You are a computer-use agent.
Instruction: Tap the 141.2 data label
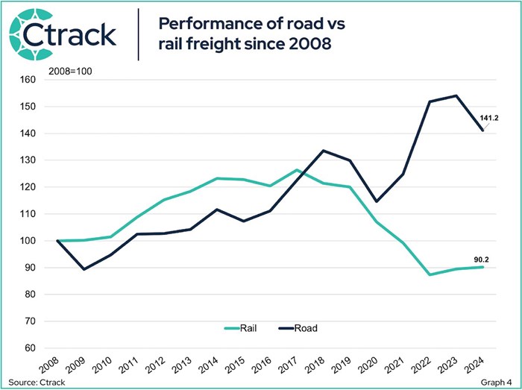[494, 117]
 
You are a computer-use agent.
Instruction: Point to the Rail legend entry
[245, 327]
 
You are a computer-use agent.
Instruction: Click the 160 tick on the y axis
[28, 80]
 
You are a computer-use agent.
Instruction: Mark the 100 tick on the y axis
[28, 241]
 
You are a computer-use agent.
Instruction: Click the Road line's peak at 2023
[456, 95]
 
